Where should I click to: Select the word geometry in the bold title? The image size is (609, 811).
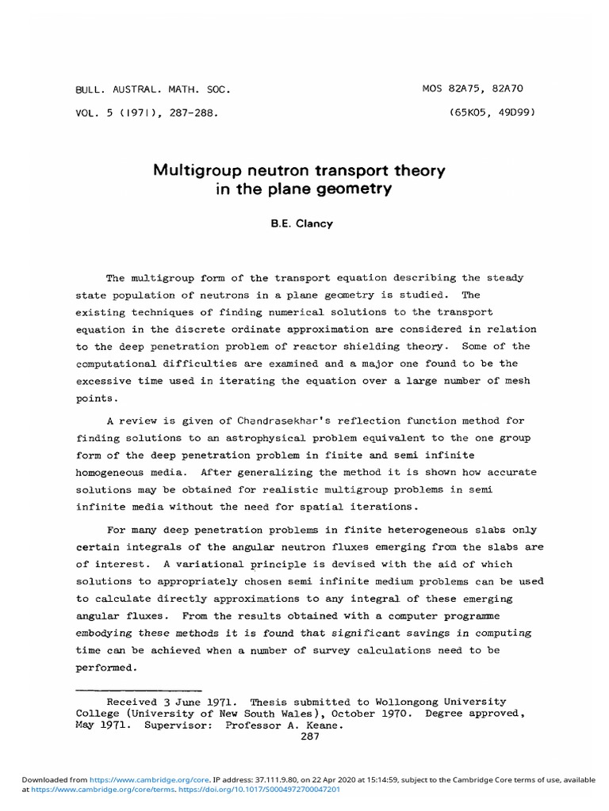click(355, 189)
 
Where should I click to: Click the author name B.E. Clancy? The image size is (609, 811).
click(303, 223)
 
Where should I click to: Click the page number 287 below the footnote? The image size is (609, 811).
click(310, 736)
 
